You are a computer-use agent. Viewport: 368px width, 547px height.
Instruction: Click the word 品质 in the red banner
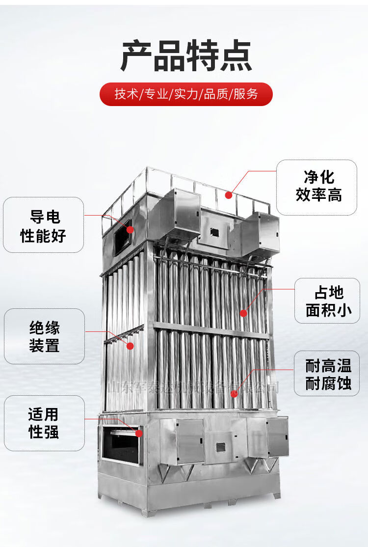216,94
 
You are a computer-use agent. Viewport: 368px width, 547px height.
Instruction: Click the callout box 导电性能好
43,225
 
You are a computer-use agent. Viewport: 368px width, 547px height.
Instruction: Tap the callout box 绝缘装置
44,336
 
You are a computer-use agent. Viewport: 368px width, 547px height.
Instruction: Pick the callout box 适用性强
44,423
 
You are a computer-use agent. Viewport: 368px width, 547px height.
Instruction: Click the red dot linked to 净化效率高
228,195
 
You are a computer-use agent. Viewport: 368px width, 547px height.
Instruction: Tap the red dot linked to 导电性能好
130,229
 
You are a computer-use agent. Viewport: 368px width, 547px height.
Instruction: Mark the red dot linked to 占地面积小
243,313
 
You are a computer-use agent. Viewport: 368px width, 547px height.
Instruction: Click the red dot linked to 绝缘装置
130,346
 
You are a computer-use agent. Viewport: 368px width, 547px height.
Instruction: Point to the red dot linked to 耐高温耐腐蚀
235,393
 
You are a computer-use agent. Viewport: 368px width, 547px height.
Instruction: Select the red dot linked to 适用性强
139,433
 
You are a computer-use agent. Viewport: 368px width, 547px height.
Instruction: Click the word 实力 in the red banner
186,94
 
